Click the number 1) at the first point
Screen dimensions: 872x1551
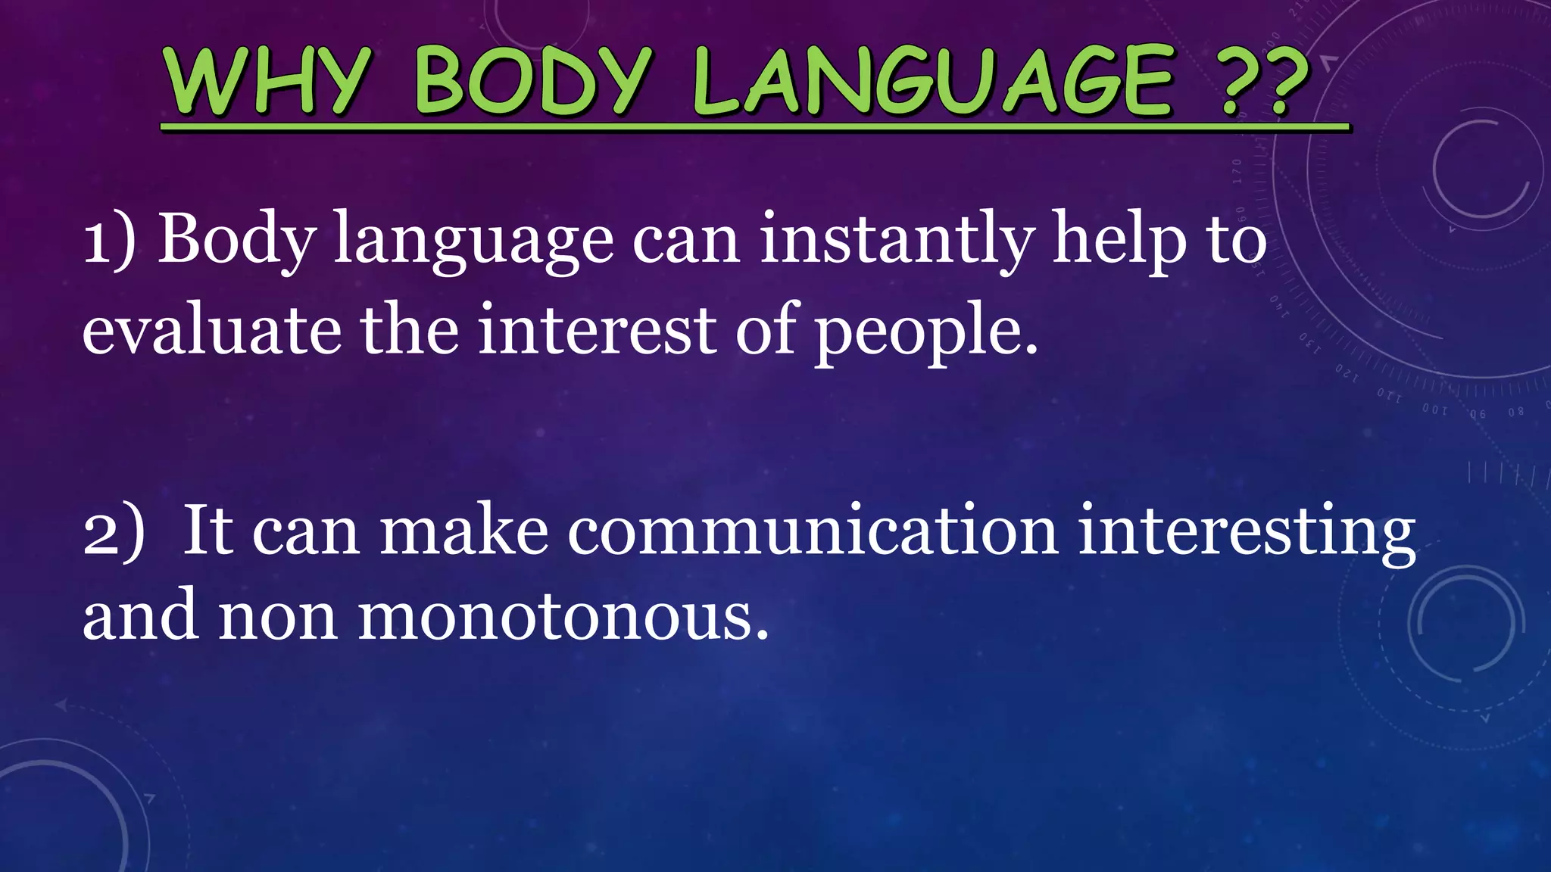(x=109, y=239)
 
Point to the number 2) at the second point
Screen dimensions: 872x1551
(x=113, y=531)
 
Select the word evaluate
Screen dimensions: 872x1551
(x=212, y=330)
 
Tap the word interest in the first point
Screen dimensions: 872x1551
(x=597, y=330)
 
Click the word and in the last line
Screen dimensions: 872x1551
(x=141, y=615)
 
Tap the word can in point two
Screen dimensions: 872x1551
(x=305, y=531)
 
